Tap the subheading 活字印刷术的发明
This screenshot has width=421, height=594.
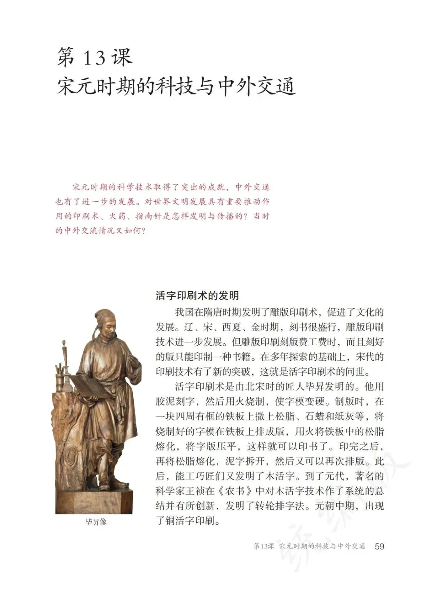tap(197, 296)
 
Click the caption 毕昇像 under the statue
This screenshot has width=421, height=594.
tap(96, 522)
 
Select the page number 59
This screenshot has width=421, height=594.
tap(379, 546)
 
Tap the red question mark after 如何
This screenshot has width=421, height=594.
tap(142, 231)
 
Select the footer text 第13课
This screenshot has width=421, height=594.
tap(264, 547)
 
